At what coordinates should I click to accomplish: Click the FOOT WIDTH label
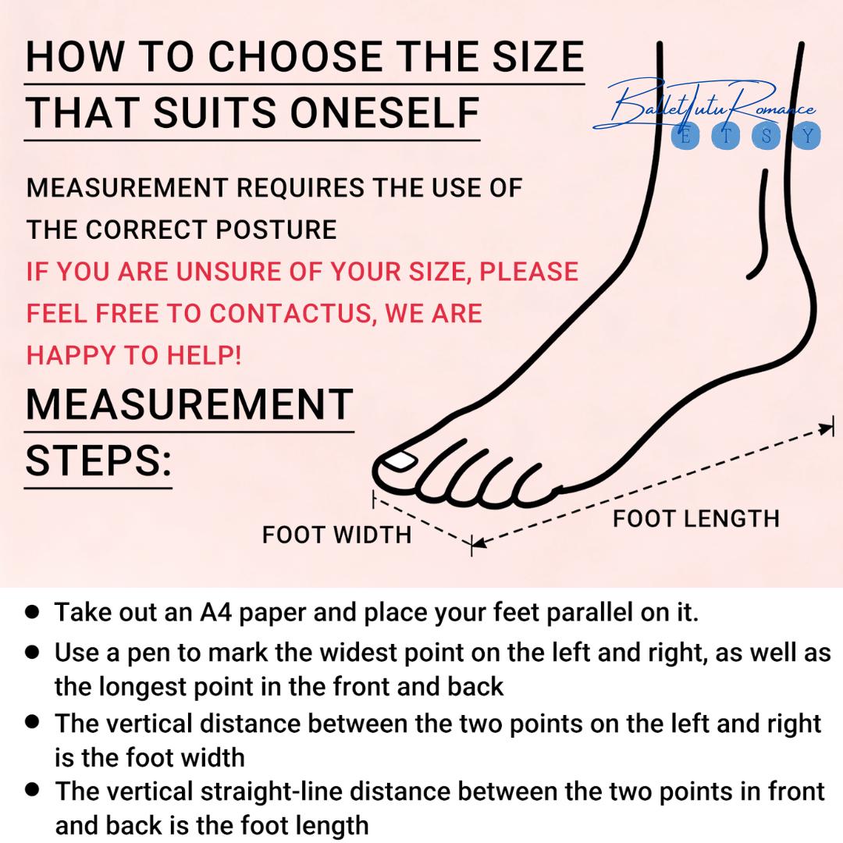(336, 535)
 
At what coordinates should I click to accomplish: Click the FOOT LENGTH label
(695, 519)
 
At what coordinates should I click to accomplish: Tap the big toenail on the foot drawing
(398, 461)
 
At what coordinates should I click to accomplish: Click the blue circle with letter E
(685, 136)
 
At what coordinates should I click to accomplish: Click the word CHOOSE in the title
(295, 56)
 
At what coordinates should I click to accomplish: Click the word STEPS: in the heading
(98, 461)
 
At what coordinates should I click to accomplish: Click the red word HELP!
(204, 355)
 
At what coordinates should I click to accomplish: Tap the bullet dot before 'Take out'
(33, 612)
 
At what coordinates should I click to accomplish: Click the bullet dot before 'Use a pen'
(33, 652)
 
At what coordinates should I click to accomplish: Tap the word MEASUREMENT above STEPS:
(189, 404)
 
